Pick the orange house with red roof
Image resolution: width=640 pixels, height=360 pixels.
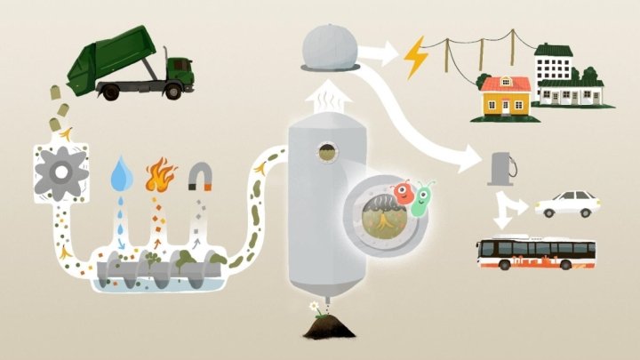[x=505, y=97]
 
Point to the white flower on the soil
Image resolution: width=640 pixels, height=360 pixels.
[x=314, y=306]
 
